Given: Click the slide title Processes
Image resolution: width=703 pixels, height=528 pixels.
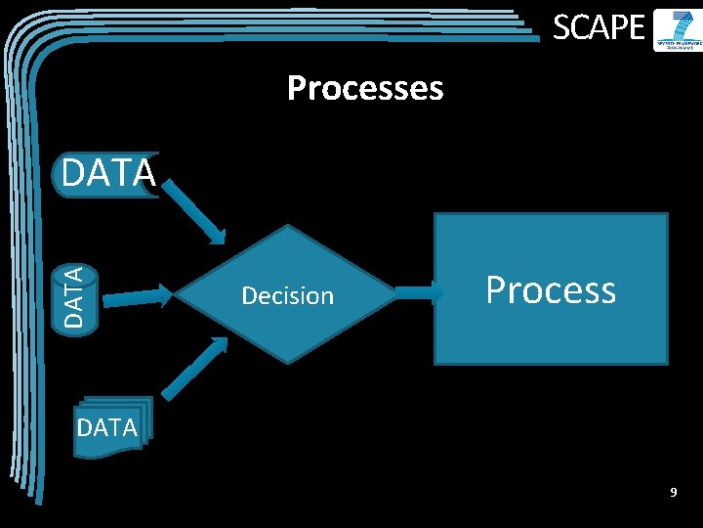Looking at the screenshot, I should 365,89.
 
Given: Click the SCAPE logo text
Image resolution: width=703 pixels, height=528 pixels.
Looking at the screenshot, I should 599,28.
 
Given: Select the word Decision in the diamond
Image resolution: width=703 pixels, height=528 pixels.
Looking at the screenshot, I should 287,295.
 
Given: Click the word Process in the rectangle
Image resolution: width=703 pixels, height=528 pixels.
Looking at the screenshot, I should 551,289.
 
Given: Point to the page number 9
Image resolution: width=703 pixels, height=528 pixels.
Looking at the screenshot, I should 673,493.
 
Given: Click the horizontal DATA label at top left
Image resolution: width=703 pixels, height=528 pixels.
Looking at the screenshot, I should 107,173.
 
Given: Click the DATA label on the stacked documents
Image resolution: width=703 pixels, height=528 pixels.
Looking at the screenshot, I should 106,428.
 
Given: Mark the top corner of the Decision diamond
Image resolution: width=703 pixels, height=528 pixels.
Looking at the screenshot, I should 287,226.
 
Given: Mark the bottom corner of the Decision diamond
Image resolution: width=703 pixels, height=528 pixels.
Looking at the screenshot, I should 287,363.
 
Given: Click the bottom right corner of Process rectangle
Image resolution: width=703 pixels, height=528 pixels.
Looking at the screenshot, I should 667,363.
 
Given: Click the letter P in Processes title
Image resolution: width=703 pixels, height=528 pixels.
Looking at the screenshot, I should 296,89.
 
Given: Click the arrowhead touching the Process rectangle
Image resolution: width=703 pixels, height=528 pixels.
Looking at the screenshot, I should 434,291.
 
